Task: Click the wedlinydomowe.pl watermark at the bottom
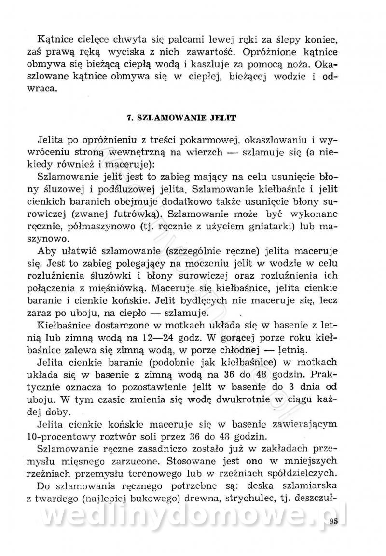coord(193,517)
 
